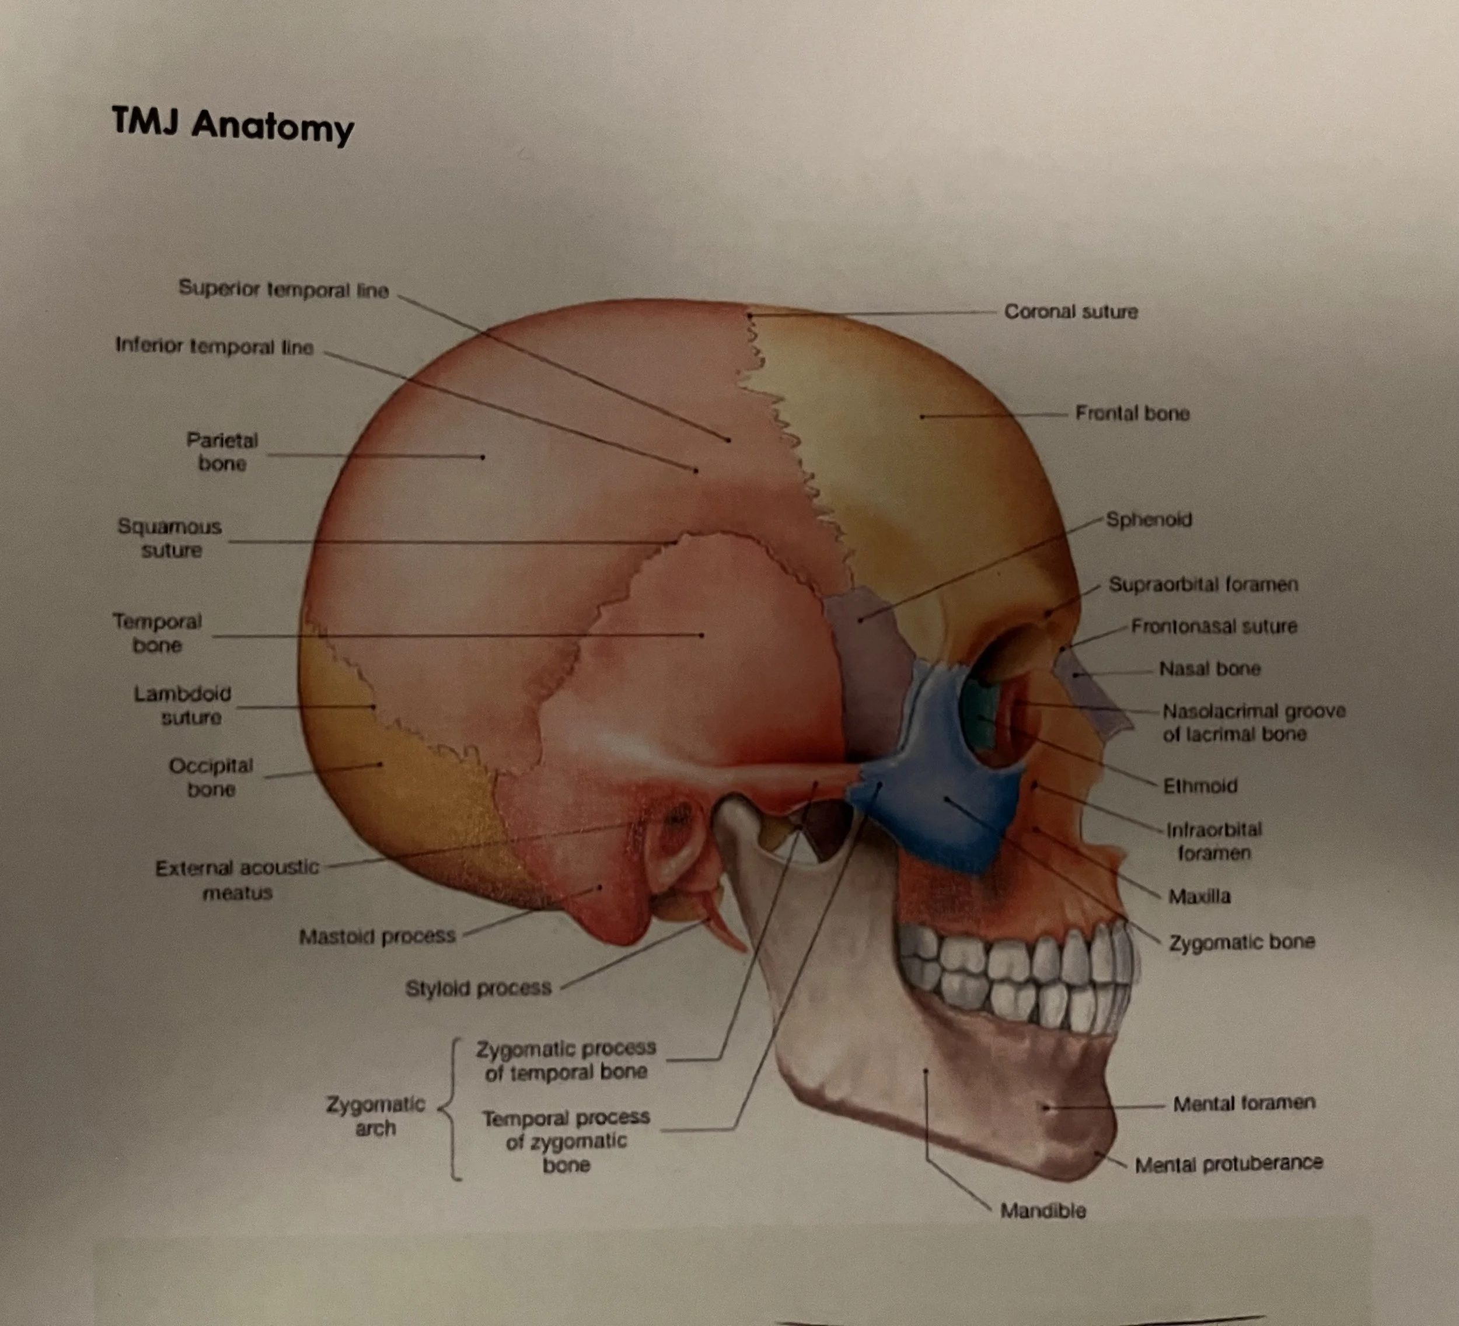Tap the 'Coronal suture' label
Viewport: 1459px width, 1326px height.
[1070, 312]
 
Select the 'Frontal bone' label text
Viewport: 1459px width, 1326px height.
[1132, 413]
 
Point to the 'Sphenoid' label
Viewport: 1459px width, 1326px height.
[1149, 519]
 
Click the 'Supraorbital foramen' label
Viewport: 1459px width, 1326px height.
[1203, 584]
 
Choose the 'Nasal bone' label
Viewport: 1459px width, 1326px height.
[1209, 668]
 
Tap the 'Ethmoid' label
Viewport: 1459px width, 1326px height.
[1200, 786]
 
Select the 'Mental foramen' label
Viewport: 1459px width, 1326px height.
[1243, 1103]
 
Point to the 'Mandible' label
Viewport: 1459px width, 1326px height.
[1043, 1210]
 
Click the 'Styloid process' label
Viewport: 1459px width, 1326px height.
[479, 988]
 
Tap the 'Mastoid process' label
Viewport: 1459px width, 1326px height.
[377, 937]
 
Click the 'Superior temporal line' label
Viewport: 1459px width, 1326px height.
[284, 289]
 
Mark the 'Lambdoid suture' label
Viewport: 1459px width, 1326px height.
[183, 705]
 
